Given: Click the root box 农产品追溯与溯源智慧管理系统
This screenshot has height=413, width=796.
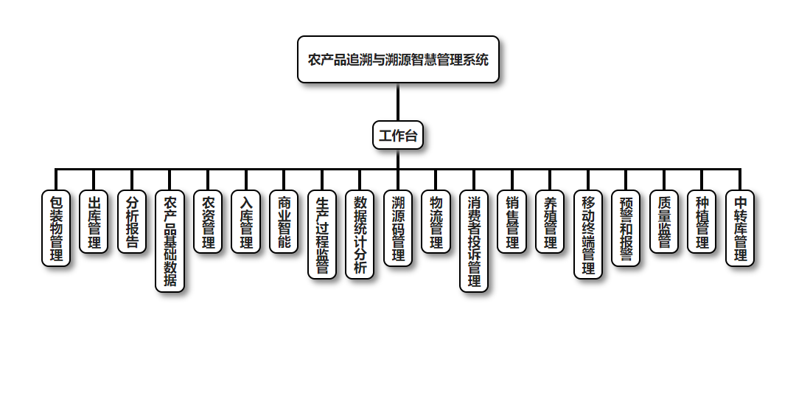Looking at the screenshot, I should click(398, 60).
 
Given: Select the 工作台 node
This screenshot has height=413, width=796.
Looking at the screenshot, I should click(398, 136).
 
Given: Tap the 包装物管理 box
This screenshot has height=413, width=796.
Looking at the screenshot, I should click(56, 229).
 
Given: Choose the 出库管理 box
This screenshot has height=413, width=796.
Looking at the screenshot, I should click(94, 222).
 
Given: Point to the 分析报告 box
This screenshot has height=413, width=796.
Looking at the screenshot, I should click(132, 222).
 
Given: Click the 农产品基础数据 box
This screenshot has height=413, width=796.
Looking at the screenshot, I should click(170, 242).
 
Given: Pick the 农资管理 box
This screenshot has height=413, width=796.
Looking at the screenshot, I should click(208, 222).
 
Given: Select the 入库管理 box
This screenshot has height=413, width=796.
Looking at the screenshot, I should click(246, 222).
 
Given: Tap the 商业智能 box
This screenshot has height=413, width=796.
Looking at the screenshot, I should click(284, 222).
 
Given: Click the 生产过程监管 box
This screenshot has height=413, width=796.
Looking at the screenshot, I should click(322, 235).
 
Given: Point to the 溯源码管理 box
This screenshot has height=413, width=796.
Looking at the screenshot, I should click(398, 229).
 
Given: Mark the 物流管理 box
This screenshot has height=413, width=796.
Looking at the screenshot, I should click(436, 222).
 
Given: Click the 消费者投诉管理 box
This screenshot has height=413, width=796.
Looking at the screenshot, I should click(474, 242).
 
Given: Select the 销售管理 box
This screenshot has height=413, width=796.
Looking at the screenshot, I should click(512, 222).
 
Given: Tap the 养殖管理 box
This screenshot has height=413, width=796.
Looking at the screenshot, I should click(550, 222).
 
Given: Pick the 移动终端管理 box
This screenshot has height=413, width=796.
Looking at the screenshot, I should click(588, 235).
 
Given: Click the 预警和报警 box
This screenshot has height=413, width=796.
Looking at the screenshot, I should click(626, 229).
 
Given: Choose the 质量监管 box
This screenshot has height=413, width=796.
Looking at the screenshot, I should click(664, 222).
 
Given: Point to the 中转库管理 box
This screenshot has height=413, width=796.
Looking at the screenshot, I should click(740, 229).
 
